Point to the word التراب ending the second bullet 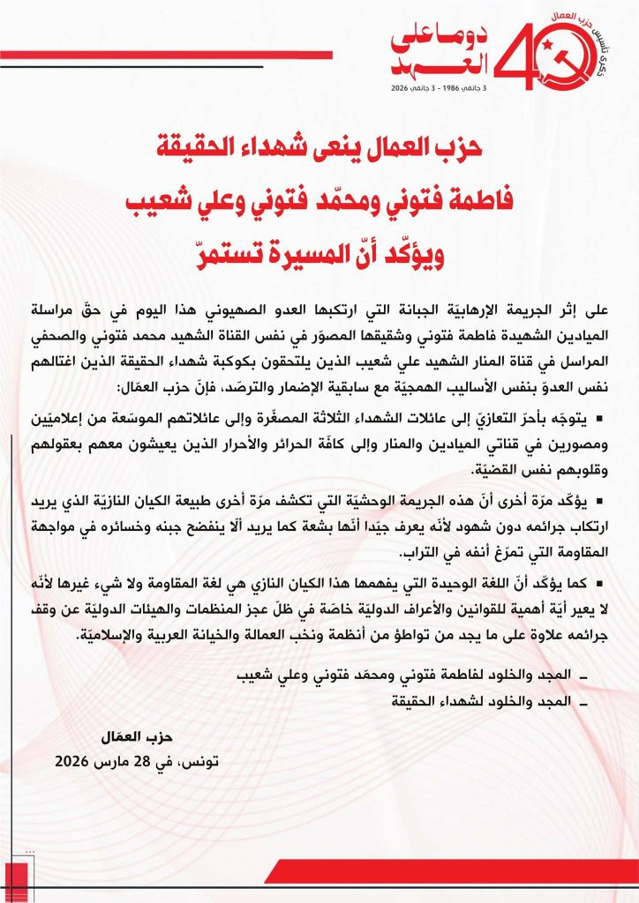[x=422, y=554]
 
